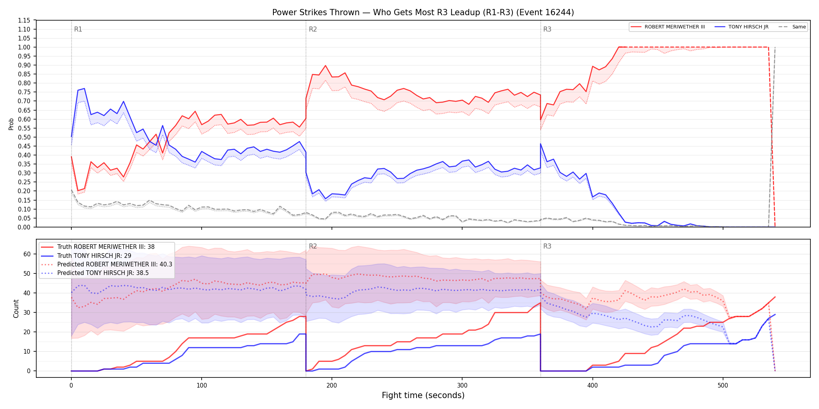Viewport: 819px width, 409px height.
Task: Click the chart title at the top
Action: [423, 12]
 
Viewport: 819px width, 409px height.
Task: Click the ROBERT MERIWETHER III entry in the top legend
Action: [675, 27]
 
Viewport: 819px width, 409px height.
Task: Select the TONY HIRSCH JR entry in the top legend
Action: [748, 27]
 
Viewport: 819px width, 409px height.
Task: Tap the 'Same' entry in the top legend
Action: [799, 27]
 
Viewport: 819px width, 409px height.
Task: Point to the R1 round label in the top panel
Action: [78, 29]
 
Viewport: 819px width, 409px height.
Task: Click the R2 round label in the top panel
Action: [313, 29]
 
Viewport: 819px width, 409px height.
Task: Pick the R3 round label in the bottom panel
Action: [547, 246]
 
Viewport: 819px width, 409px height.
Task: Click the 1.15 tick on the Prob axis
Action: [24, 20]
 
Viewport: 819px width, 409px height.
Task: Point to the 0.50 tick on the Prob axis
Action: [24, 137]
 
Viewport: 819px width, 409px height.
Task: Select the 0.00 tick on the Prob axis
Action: [24, 227]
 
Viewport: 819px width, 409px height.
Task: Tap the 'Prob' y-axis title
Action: [11, 124]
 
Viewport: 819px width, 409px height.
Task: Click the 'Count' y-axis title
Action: [16, 309]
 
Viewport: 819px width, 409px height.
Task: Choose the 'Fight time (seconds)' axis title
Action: [423, 395]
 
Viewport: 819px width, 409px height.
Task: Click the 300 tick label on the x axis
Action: [462, 386]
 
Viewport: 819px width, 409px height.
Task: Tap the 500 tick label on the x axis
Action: [723, 386]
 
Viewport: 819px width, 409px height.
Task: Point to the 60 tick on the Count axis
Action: [27, 254]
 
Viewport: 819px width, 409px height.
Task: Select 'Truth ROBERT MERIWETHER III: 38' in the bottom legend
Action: [106, 247]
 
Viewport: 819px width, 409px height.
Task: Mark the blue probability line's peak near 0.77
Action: [84, 88]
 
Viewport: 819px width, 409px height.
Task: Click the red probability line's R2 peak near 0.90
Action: [326, 65]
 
